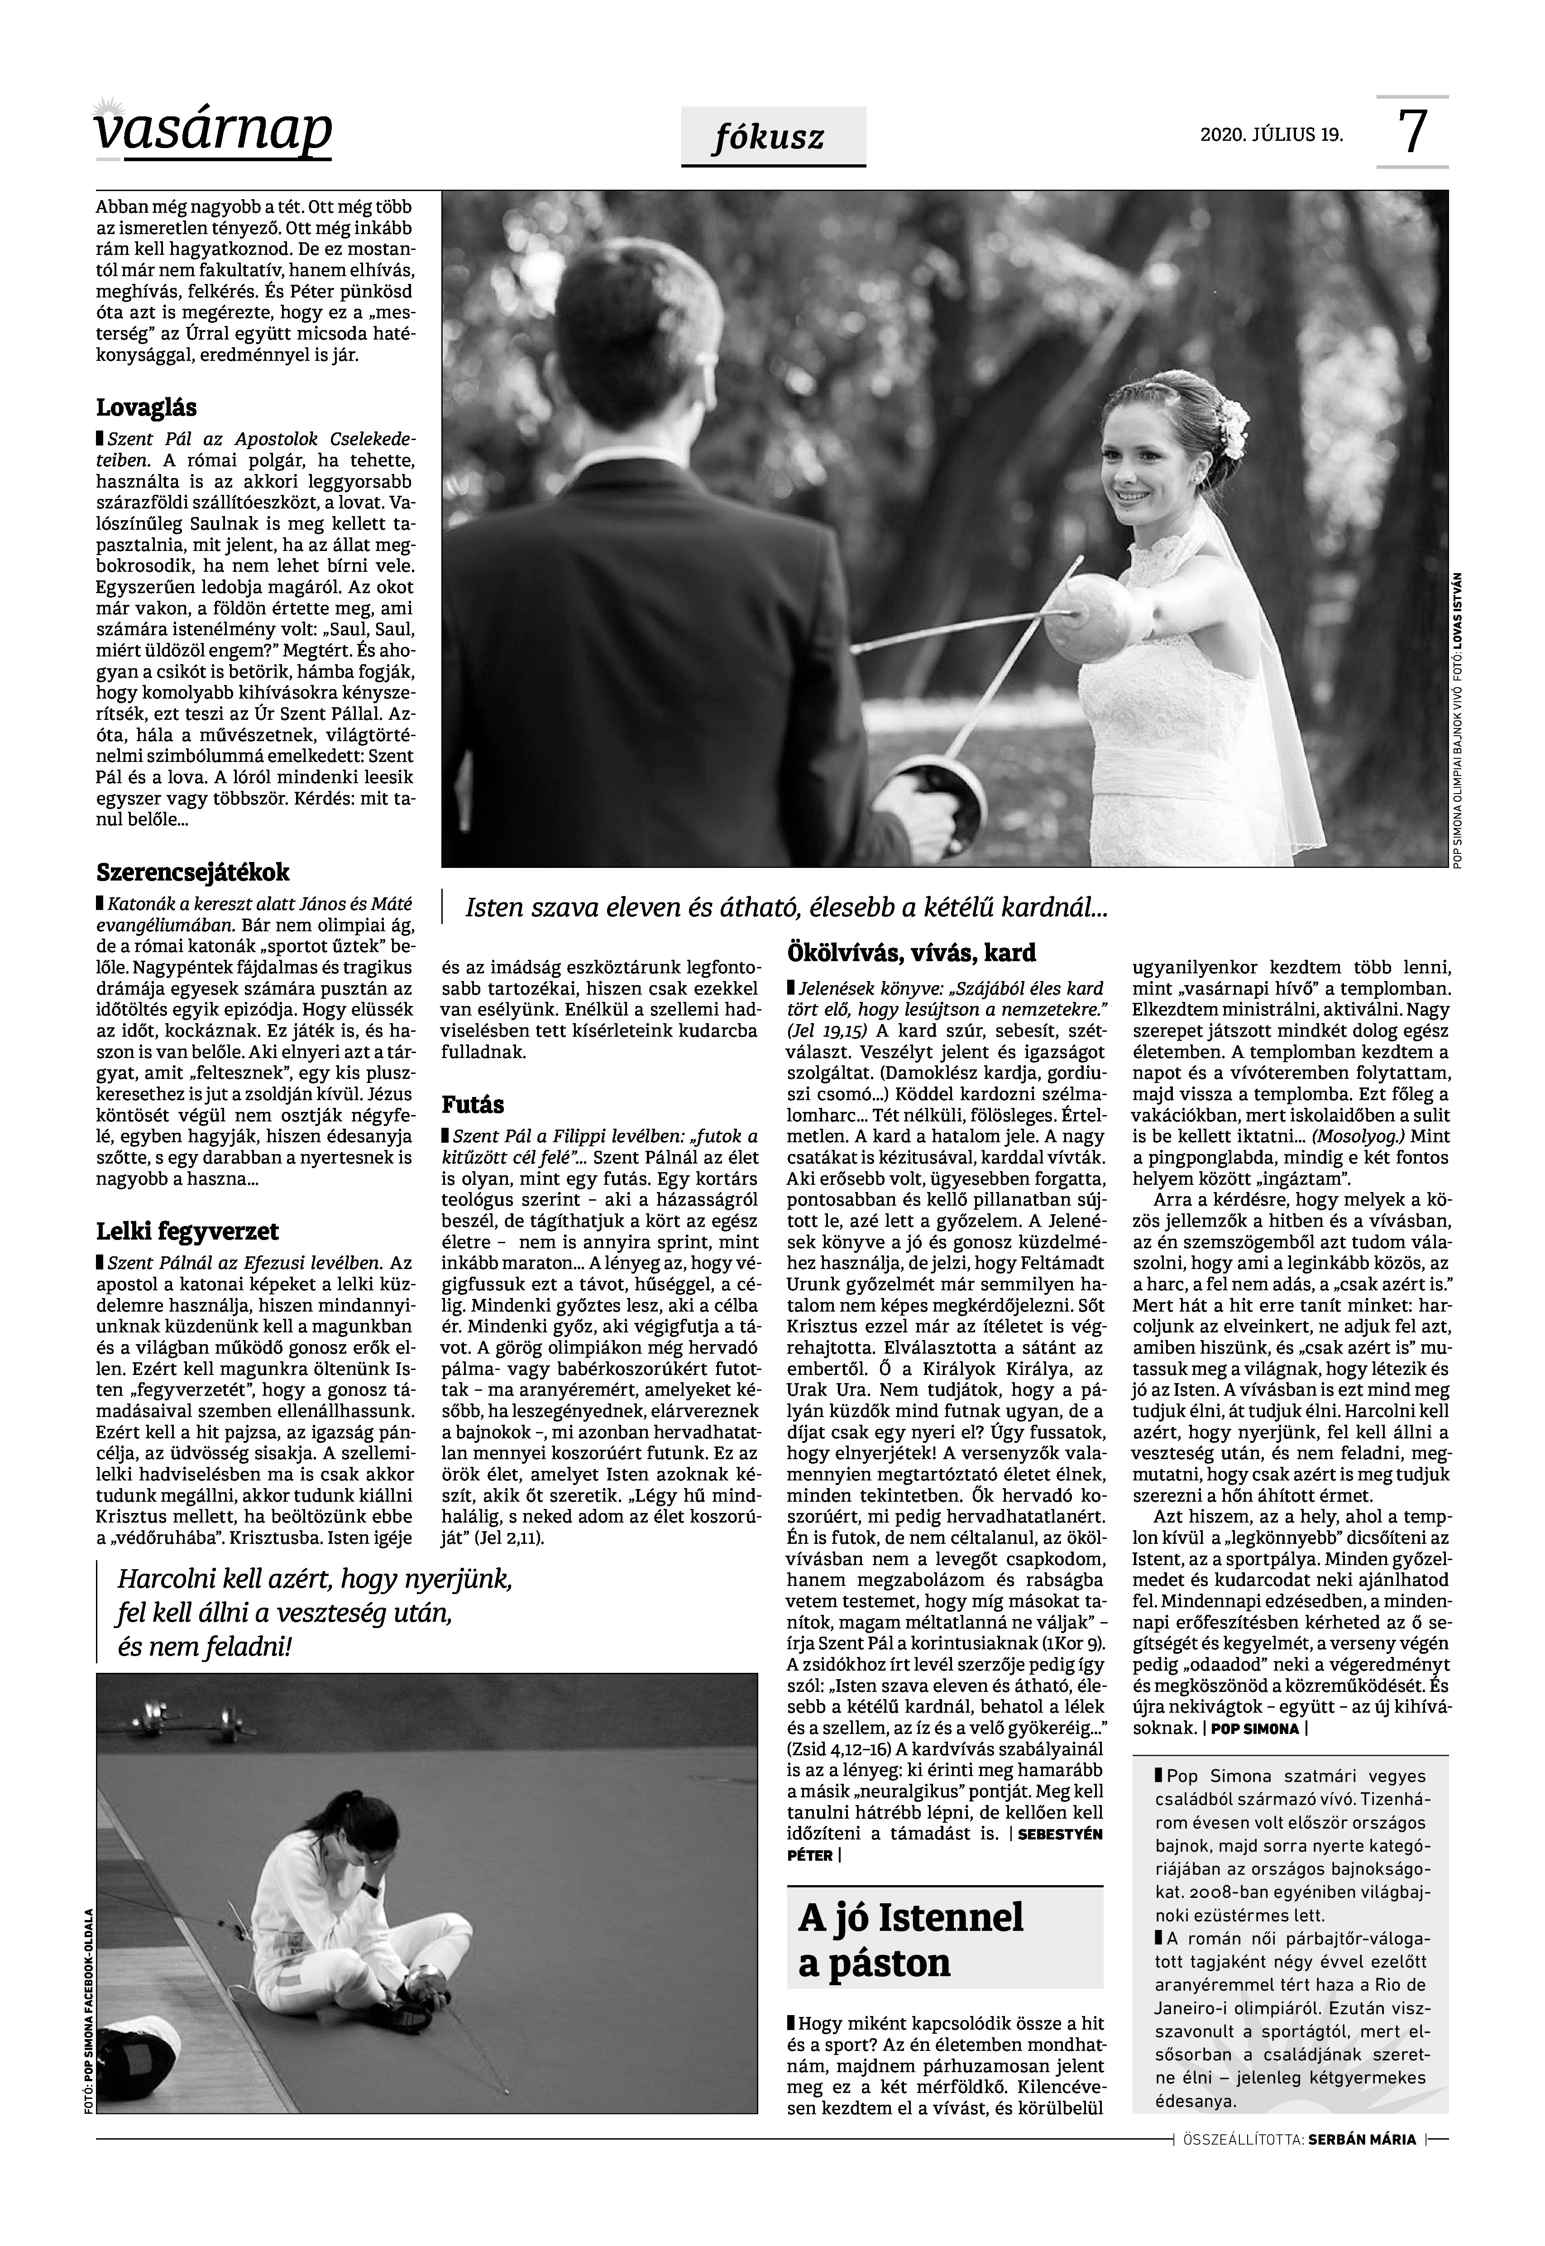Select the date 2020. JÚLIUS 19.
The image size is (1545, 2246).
pyautogui.click(x=1271, y=134)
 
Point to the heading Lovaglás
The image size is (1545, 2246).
pyautogui.click(x=146, y=407)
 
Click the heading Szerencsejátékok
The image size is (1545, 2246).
pyautogui.click(x=193, y=872)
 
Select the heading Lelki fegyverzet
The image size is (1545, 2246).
pyautogui.click(x=187, y=1231)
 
